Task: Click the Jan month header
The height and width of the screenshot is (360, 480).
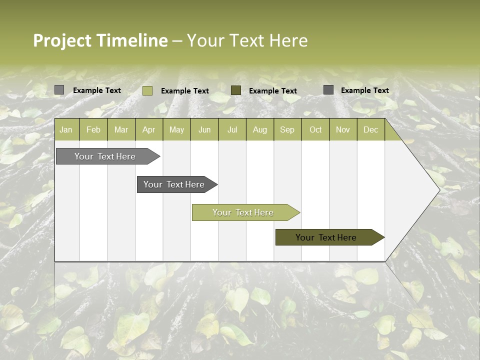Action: click(x=66, y=129)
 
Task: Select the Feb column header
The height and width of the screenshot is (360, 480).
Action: click(x=93, y=129)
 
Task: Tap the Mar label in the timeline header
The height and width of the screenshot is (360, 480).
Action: click(x=121, y=129)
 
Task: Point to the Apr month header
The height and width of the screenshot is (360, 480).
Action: click(x=148, y=129)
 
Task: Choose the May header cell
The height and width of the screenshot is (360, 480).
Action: click(x=176, y=129)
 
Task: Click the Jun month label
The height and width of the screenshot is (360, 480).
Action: click(x=204, y=129)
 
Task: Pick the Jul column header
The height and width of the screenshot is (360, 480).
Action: click(x=232, y=129)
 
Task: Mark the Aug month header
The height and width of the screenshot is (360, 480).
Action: click(x=259, y=129)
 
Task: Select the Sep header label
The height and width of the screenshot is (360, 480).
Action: click(x=287, y=129)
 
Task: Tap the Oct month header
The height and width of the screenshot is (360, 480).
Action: click(x=315, y=129)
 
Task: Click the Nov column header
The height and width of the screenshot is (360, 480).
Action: click(x=343, y=129)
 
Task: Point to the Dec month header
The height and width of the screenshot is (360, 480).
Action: click(x=370, y=129)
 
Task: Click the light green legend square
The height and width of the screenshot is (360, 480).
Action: click(x=147, y=90)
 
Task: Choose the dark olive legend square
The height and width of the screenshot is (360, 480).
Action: click(x=236, y=90)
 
